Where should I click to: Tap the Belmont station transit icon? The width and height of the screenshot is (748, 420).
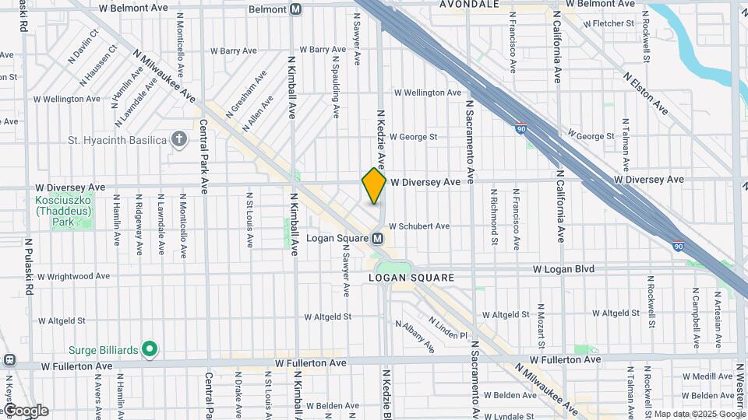295,9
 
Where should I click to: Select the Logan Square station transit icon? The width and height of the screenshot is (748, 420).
377,238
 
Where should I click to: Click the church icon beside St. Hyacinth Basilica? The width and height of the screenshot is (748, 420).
179,139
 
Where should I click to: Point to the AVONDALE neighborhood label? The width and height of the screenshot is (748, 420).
469,5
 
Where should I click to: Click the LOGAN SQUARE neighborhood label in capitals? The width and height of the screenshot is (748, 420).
411,277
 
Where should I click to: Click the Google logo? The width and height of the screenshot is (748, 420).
26,411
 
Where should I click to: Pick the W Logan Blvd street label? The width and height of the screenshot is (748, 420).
563,269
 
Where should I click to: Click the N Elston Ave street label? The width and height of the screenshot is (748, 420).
645,93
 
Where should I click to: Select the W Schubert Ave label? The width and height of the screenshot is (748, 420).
419,226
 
